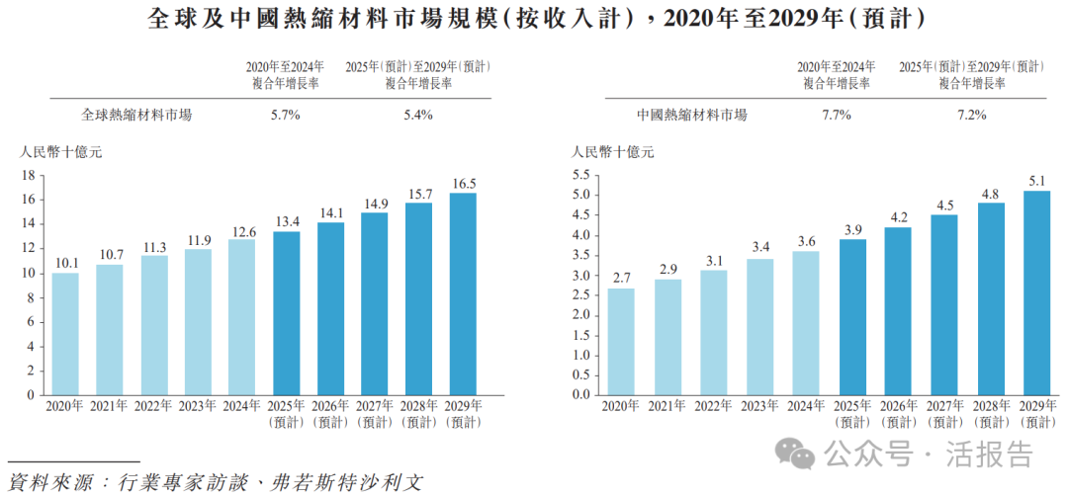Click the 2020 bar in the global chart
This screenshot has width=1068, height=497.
pyautogui.click(x=65, y=333)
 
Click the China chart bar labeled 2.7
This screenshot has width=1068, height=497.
pyautogui.click(x=620, y=341)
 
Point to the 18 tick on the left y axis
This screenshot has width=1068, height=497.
pyautogui.click(x=29, y=176)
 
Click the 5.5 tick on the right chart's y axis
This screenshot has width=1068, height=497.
pyautogui.click(x=580, y=175)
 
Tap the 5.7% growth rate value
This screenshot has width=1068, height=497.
pyautogui.click(x=286, y=115)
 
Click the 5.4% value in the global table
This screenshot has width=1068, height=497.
pyautogui.click(x=417, y=115)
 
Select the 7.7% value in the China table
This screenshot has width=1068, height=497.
pyautogui.click(x=837, y=115)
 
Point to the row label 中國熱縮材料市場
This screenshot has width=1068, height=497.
pyautogui.click(x=692, y=115)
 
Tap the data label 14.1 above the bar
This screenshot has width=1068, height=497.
pyautogui.click(x=330, y=211)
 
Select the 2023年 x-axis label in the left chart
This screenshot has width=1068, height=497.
pyautogui.click(x=198, y=405)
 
